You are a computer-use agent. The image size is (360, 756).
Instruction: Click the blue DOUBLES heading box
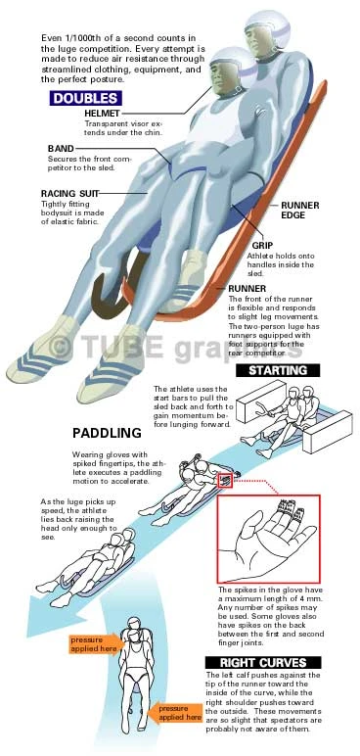coord(85,98)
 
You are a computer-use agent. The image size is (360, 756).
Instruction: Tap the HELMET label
coord(102,114)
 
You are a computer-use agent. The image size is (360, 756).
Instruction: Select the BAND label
coord(61,149)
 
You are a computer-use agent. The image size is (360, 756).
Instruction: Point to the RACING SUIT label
coord(69,194)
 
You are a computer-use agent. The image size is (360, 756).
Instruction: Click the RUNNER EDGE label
coord(299,211)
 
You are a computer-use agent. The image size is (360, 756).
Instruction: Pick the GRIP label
coord(262,246)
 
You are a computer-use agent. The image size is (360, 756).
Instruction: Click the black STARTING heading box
coord(278,370)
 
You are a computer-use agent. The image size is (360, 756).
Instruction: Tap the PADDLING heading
coord(107,433)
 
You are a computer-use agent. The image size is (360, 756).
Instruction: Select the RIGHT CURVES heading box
coord(263,662)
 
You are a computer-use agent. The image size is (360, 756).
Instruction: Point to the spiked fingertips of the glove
coord(289,507)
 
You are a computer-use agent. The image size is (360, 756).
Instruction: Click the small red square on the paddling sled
coord(225,481)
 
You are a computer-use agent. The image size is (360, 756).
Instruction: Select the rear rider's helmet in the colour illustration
coord(266,30)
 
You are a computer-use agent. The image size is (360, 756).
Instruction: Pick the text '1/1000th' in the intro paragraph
coord(79,37)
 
